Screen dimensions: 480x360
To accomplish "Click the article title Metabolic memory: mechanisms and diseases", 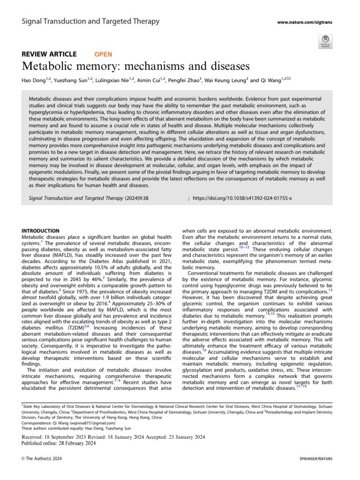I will click(x=135, y=66).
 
